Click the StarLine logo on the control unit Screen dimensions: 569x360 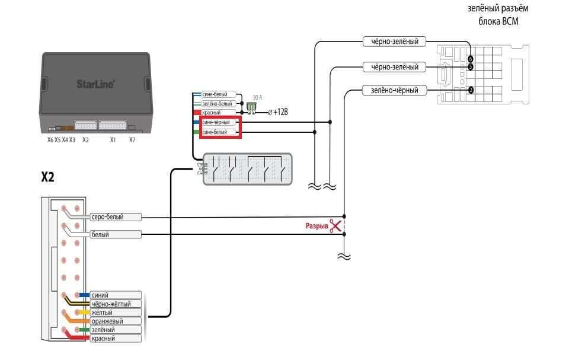(x=96, y=84)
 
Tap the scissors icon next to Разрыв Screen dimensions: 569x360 (x=335, y=225)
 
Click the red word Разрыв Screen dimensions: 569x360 (x=317, y=226)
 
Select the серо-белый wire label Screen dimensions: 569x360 (x=116, y=217)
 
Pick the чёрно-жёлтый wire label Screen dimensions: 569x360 (x=116, y=304)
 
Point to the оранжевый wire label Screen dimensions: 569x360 (x=116, y=321)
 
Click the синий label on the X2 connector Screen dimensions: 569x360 (x=116, y=295)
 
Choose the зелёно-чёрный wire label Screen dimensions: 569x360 (x=395, y=90)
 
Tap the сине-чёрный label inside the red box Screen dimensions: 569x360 (x=219, y=122)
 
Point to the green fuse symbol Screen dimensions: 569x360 (x=251, y=107)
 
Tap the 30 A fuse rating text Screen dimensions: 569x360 (x=257, y=97)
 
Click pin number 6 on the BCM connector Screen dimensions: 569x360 (x=471, y=59)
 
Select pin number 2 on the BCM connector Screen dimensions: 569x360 (x=471, y=90)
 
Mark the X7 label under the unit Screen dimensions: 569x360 (x=132, y=140)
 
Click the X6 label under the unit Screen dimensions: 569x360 (x=50, y=140)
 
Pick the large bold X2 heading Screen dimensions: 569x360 (x=47, y=177)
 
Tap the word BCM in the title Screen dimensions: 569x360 (x=510, y=21)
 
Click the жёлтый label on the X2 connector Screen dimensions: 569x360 (x=116, y=313)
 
